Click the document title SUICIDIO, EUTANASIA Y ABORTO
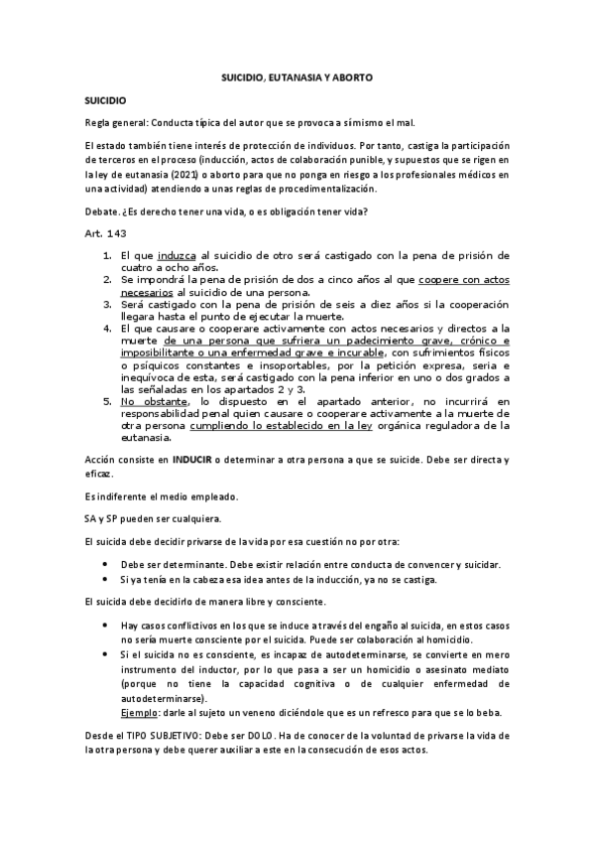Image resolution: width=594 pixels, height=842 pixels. (x=297, y=76)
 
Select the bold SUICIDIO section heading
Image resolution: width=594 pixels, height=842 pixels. (x=104, y=100)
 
